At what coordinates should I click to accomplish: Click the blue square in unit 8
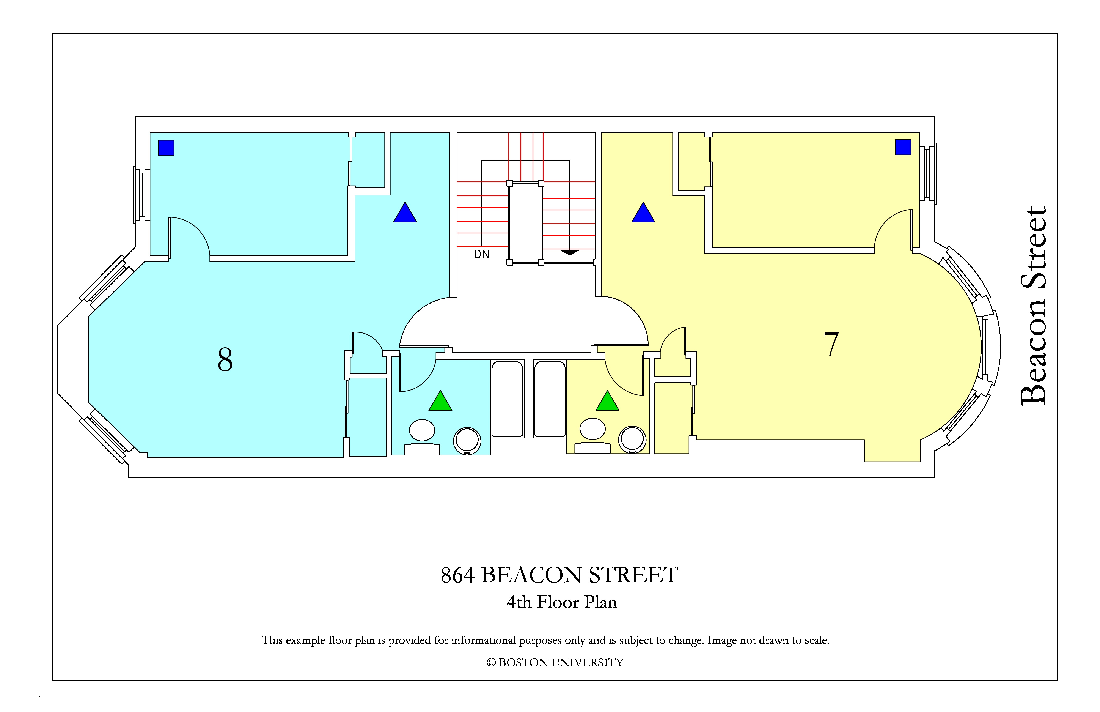coord(166,148)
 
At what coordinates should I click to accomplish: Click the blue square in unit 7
coord(903,147)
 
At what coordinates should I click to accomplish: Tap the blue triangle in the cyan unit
coord(405,213)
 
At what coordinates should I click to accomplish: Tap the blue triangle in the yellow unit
coord(643,213)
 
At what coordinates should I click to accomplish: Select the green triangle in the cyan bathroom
coord(440,401)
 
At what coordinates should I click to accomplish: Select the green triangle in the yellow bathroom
coord(607,401)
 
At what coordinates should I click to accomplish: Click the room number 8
coord(225,360)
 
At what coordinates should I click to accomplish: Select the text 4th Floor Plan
coord(562,602)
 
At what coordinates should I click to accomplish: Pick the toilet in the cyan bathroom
coord(422,437)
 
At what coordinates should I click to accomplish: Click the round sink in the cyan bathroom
coord(467,441)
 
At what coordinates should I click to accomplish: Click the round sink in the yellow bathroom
coord(632,439)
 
